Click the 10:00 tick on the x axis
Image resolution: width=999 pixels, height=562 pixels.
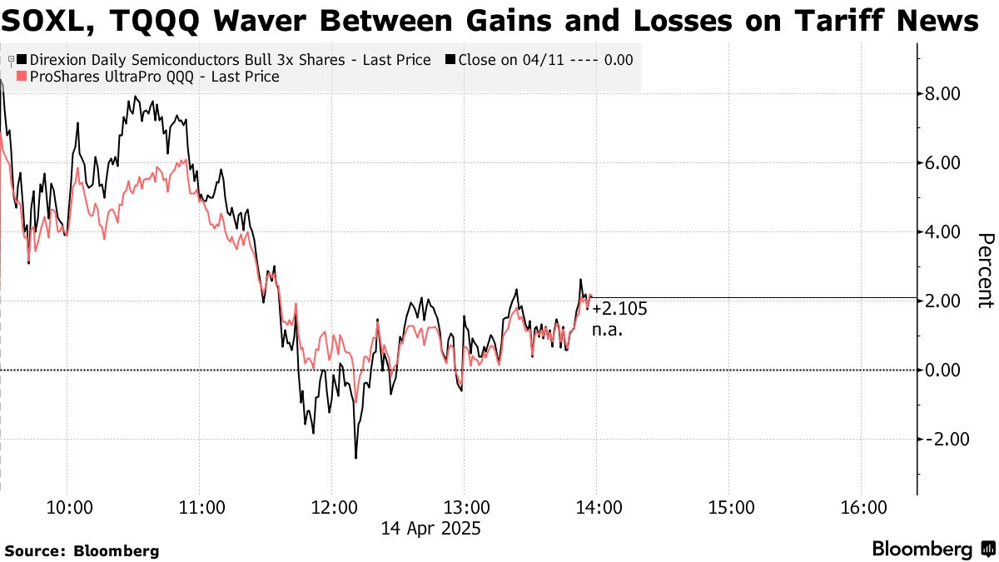pos(67,507)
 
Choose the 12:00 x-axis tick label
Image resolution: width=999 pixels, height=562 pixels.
pos(332,507)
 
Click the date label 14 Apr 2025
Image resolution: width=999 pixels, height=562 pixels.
pos(431,528)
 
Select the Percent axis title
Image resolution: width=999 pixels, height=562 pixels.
pos(985,271)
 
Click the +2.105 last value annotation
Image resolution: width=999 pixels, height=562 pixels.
pos(619,310)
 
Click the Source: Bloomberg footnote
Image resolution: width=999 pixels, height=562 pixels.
pos(82,550)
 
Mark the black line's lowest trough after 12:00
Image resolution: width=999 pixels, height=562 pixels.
pos(355,457)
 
